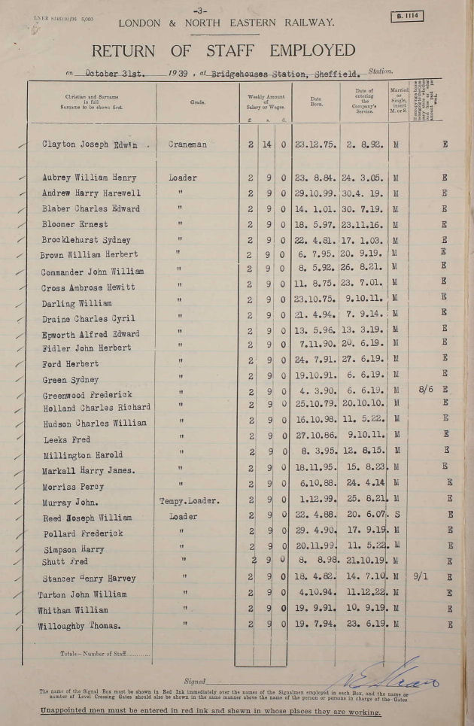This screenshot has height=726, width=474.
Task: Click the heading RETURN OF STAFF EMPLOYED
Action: [x=223, y=51]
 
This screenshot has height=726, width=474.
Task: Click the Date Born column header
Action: [x=316, y=102]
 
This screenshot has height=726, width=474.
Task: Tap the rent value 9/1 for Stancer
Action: [x=421, y=576]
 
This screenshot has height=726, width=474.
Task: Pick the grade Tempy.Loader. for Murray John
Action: [x=190, y=500]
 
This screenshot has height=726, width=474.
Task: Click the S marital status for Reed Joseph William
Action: [x=395, y=516]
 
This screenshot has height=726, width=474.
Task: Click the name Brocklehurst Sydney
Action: [x=87, y=240]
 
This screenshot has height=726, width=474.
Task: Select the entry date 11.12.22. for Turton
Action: [x=364, y=593]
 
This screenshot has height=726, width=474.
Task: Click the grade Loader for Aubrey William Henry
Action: [x=184, y=178]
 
